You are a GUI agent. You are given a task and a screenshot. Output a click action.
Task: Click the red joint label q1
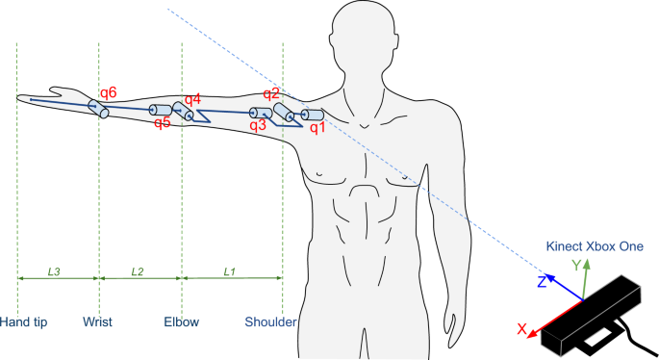click(x=317, y=127)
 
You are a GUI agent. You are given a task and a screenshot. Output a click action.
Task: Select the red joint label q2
click(x=270, y=93)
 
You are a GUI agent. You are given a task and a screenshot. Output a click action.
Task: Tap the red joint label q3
click(x=258, y=124)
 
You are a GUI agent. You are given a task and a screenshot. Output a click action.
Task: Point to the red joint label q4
click(x=192, y=99)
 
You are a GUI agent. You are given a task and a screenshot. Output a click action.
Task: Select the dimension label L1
click(x=229, y=272)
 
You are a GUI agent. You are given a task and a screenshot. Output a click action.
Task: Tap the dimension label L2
click(x=138, y=272)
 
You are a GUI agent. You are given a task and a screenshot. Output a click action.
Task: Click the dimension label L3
click(x=55, y=272)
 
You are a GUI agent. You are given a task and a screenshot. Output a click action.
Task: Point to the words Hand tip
click(x=24, y=321)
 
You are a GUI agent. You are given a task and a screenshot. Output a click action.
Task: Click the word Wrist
click(x=98, y=321)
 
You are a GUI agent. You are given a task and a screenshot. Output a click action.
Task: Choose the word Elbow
click(x=180, y=321)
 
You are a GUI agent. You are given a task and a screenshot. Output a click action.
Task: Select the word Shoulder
click(x=270, y=321)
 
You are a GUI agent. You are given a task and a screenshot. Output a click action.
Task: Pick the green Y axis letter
click(x=575, y=264)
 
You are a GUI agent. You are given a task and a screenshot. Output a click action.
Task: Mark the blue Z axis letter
click(x=543, y=282)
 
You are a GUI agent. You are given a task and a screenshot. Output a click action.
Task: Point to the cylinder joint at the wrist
click(x=98, y=108)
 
